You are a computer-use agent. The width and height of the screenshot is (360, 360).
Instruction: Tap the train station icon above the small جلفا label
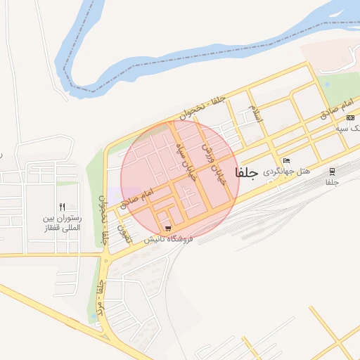pos(331,171)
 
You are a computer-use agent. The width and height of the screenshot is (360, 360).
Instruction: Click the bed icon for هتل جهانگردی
pos(285,160)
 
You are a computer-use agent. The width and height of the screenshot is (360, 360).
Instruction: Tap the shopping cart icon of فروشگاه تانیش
pos(167,228)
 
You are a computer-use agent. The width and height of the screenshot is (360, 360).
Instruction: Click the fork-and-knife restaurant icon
pos(62,207)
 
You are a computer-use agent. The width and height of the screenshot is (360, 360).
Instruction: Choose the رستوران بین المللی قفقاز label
pos(61,223)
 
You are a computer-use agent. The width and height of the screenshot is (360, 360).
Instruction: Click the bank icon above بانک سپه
pos(350,117)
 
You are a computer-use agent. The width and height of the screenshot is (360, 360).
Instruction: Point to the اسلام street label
pos(255,115)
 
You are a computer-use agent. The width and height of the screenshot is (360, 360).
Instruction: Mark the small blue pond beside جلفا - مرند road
pos(94,318)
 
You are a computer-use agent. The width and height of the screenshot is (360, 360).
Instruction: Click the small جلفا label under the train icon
pos(331,182)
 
